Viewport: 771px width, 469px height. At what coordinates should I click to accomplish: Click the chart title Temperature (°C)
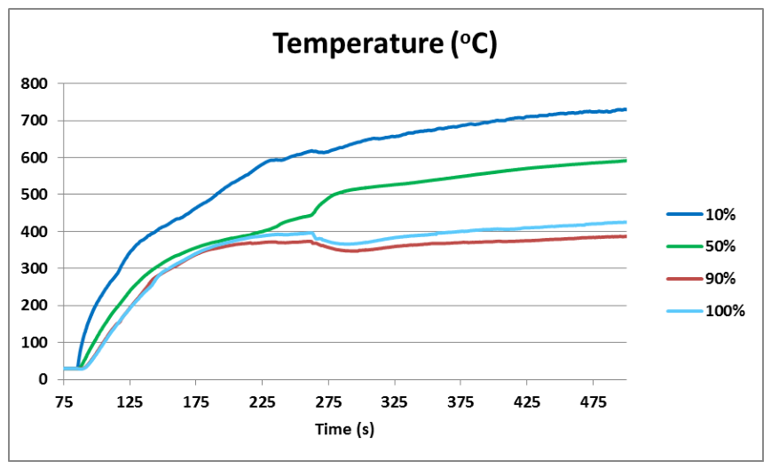point(385,44)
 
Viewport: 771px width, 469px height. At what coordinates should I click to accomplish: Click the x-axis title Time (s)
point(345,429)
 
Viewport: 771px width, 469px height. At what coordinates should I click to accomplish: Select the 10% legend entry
point(701,215)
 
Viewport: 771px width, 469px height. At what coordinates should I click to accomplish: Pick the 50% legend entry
point(701,246)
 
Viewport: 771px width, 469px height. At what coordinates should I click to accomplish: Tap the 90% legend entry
point(701,279)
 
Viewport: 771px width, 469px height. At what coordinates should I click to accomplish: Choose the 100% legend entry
point(706,311)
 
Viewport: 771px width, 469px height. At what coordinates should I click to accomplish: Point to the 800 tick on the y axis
point(35,83)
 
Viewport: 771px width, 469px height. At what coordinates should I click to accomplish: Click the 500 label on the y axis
point(35,195)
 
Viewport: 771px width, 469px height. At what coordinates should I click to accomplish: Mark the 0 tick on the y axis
point(43,379)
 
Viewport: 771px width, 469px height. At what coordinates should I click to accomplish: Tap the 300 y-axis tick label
point(35,268)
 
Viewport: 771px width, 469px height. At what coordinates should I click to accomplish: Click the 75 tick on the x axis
point(63,402)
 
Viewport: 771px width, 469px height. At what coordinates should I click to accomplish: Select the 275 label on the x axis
point(328,402)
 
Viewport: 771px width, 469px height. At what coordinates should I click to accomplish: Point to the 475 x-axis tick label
point(593,402)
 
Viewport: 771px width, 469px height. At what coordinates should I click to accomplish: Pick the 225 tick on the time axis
point(262,402)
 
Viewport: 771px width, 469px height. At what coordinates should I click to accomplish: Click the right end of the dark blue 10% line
point(626,109)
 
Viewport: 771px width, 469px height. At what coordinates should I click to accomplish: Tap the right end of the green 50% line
point(626,161)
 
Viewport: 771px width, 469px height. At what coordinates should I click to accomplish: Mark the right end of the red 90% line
point(626,236)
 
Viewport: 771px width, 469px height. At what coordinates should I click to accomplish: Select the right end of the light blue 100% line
point(626,222)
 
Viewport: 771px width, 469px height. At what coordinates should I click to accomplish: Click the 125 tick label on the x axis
point(130,402)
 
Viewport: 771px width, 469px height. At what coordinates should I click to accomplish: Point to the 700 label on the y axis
point(35,121)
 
